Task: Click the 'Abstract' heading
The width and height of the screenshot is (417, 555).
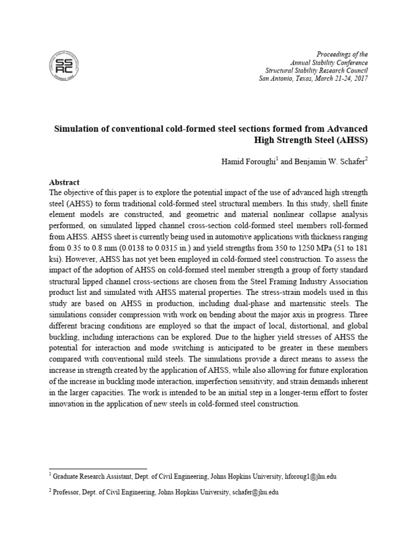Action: (x=64, y=182)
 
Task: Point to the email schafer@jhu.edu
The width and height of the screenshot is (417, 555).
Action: (x=255, y=493)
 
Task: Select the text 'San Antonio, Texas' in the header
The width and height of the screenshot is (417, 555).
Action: (x=284, y=79)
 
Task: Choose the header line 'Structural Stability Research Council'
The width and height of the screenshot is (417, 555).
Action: (x=316, y=71)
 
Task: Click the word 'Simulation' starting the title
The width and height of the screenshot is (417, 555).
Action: (x=76, y=128)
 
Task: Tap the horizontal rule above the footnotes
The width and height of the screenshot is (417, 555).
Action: (x=98, y=468)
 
